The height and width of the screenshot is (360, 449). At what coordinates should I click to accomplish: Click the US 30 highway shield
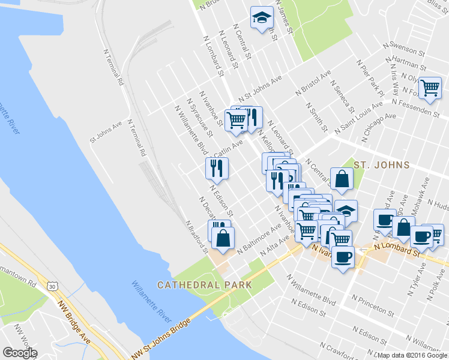click(53, 287)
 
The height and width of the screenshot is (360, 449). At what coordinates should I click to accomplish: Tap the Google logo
click(20, 353)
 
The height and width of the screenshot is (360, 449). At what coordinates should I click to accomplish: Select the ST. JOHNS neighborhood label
click(381, 165)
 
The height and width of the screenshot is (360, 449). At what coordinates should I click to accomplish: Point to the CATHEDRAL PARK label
click(204, 285)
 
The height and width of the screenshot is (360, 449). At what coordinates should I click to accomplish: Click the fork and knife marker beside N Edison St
click(216, 168)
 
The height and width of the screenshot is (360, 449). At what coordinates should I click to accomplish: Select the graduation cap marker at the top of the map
click(261, 19)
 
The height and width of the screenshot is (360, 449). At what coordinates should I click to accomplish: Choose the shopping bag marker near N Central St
click(342, 178)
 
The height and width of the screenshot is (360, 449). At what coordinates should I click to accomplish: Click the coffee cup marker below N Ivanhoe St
click(343, 257)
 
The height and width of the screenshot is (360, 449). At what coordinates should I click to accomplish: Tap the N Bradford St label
click(197, 236)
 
